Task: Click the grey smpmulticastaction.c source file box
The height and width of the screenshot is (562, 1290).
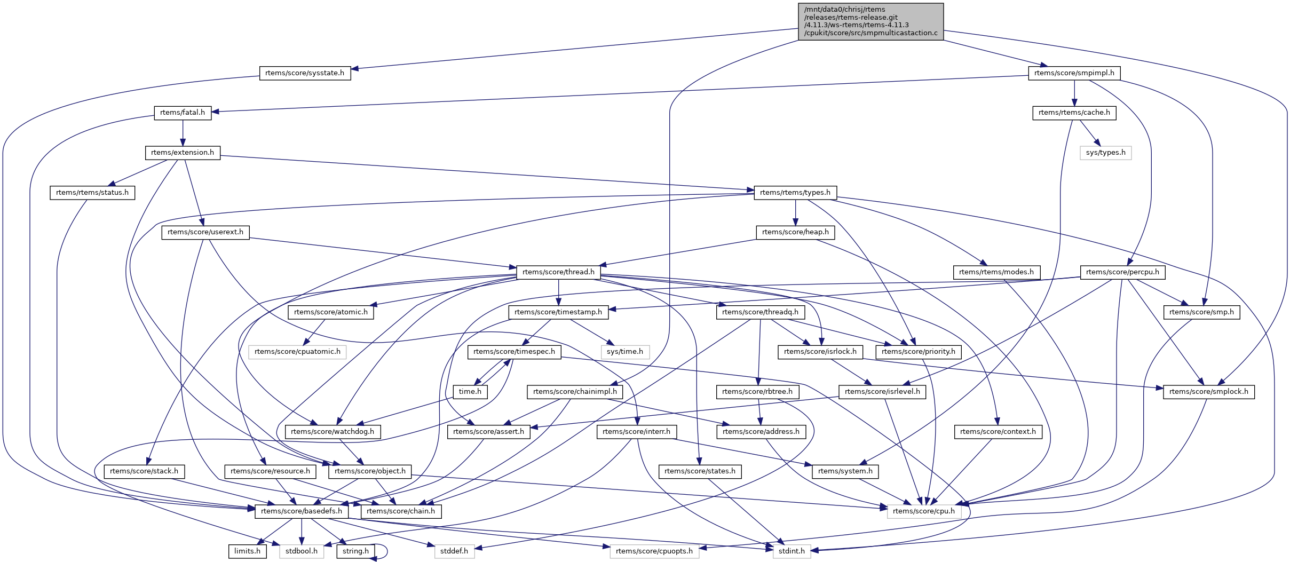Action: point(870,21)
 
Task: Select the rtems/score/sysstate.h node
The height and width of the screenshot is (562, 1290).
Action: point(305,73)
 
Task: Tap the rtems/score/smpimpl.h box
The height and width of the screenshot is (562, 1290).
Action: point(1074,73)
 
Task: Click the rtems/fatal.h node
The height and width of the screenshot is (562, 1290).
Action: point(183,113)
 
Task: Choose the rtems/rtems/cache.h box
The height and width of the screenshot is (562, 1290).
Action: point(1074,113)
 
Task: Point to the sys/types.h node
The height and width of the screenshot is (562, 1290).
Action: point(1105,153)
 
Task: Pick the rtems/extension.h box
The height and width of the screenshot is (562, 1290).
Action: point(183,153)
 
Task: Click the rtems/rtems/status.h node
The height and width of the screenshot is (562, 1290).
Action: point(92,193)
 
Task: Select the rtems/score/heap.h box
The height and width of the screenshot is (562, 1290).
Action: point(795,232)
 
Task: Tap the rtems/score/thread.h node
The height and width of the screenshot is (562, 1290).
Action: point(558,272)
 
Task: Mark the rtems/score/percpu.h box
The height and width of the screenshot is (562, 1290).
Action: point(1122,272)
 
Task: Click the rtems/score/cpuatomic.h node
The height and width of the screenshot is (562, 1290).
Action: point(297,352)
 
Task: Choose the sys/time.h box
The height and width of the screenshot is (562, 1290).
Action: point(625,352)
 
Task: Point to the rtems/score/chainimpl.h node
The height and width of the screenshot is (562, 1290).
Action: point(575,392)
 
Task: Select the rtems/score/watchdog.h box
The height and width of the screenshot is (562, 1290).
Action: point(333,432)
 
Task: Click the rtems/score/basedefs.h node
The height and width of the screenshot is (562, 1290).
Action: point(302,511)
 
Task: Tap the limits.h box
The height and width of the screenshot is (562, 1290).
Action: point(247,551)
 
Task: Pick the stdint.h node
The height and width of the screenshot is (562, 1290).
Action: point(792,551)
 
